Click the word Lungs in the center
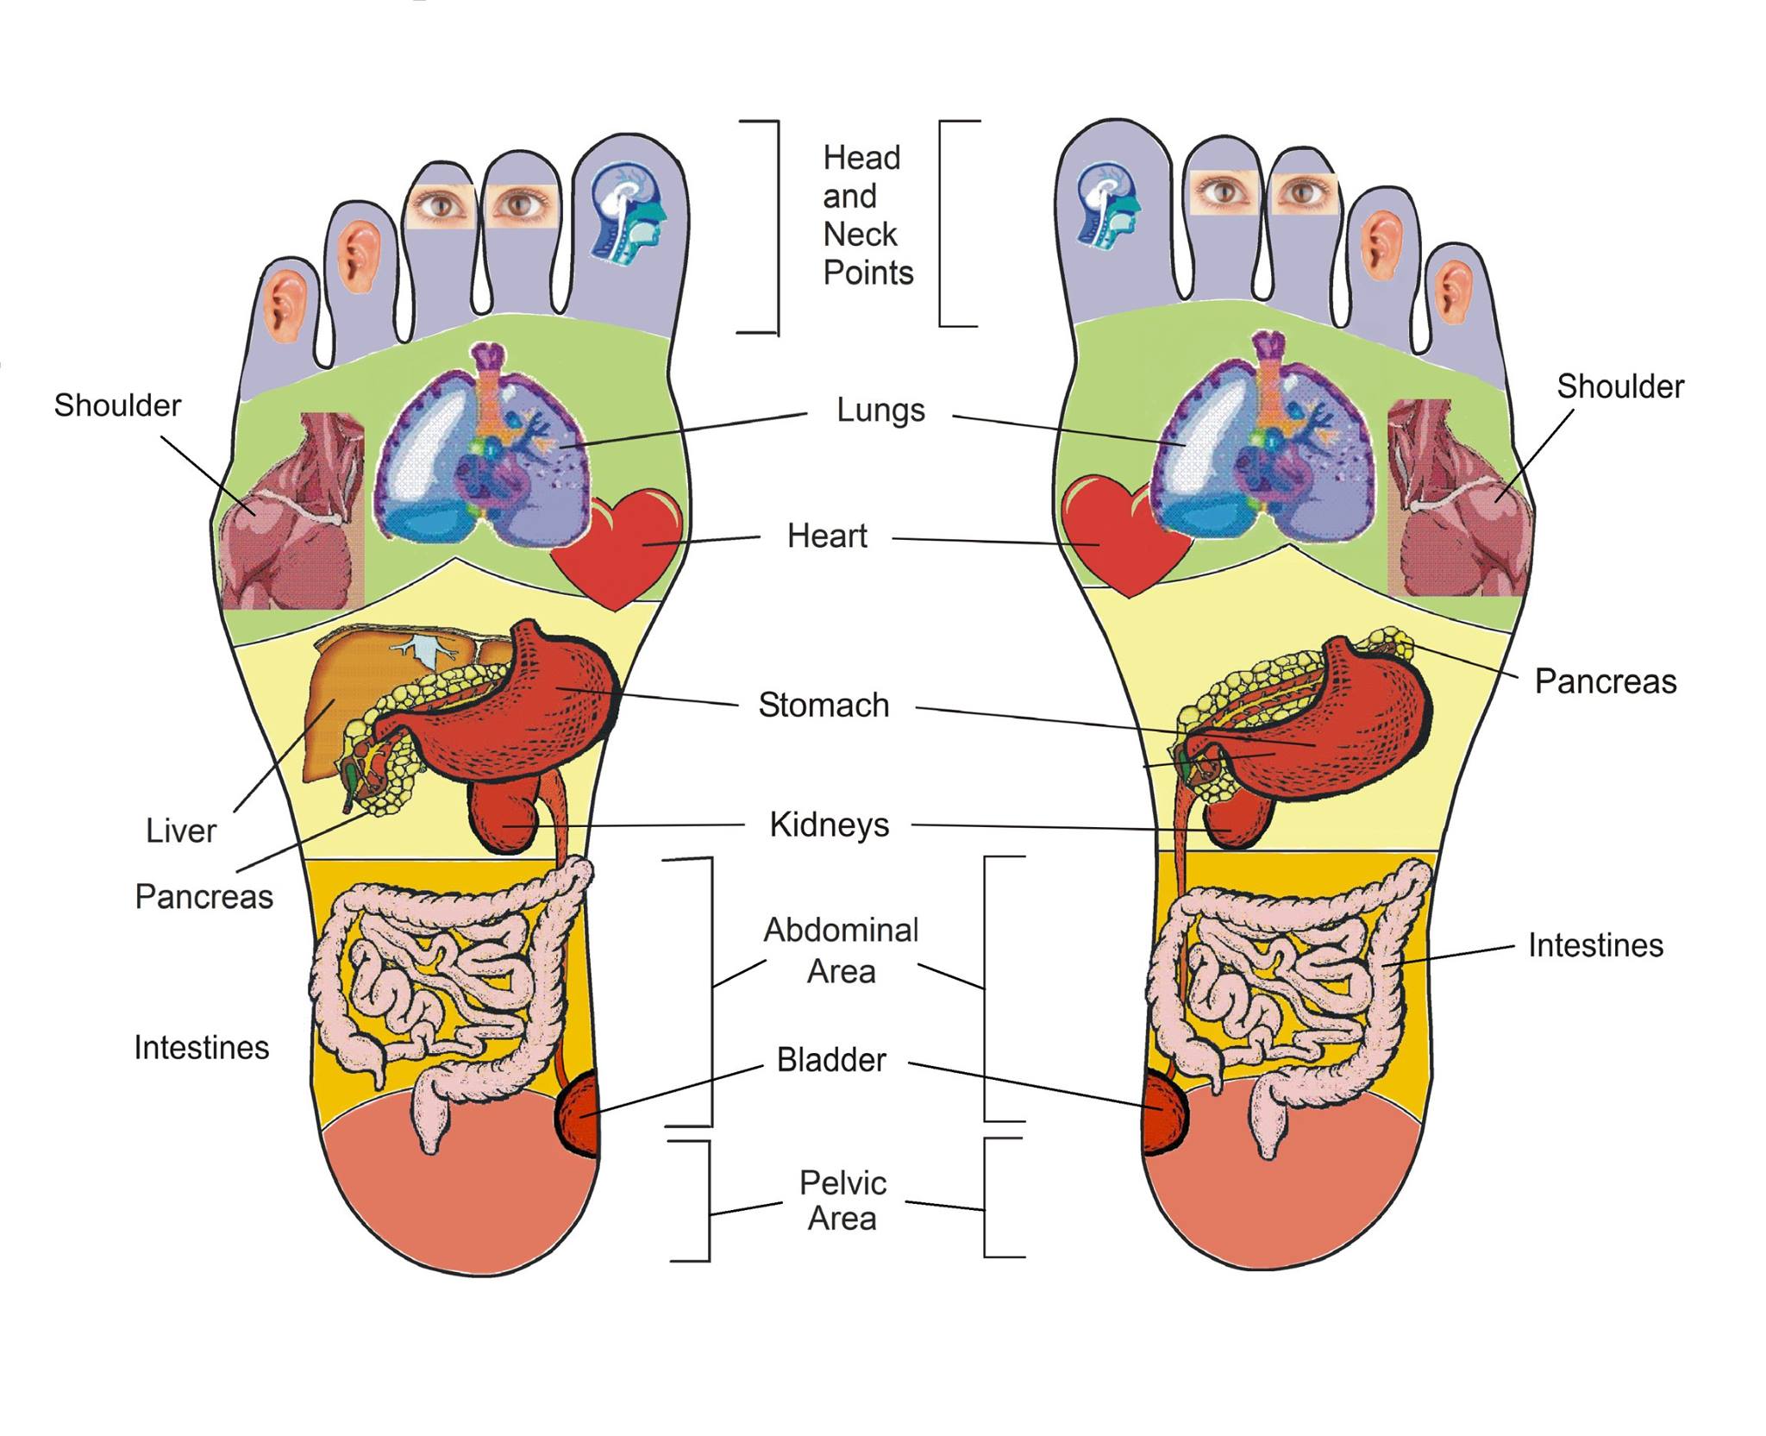click(x=880, y=411)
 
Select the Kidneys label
click(x=829, y=825)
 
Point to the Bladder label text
click(x=831, y=1060)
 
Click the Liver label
click(x=180, y=831)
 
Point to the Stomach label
click(x=824, y=705)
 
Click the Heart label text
click(x=827, y=536)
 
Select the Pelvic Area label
click(x=842, y=1201)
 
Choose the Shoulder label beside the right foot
click(x=1620, y=387)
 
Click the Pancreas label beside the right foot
click(x=1606, y=682)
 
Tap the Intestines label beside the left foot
click(x=202, y=1048)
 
